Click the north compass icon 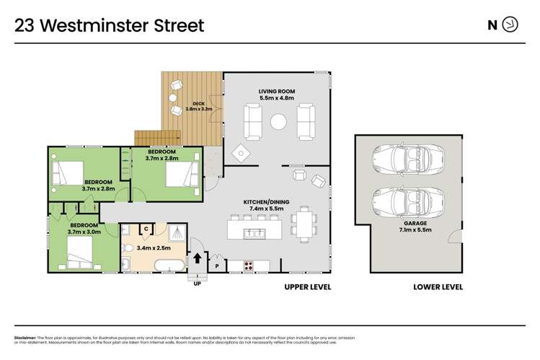coord(510,25)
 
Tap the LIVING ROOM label coord(278,91)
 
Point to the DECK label coord(190,103)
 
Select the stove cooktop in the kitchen coord(249,265)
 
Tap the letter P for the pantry coord(216,266)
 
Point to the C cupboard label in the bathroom coord(146,229)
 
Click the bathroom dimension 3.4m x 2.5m coord(154,247)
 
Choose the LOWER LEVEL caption coord(438,286)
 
